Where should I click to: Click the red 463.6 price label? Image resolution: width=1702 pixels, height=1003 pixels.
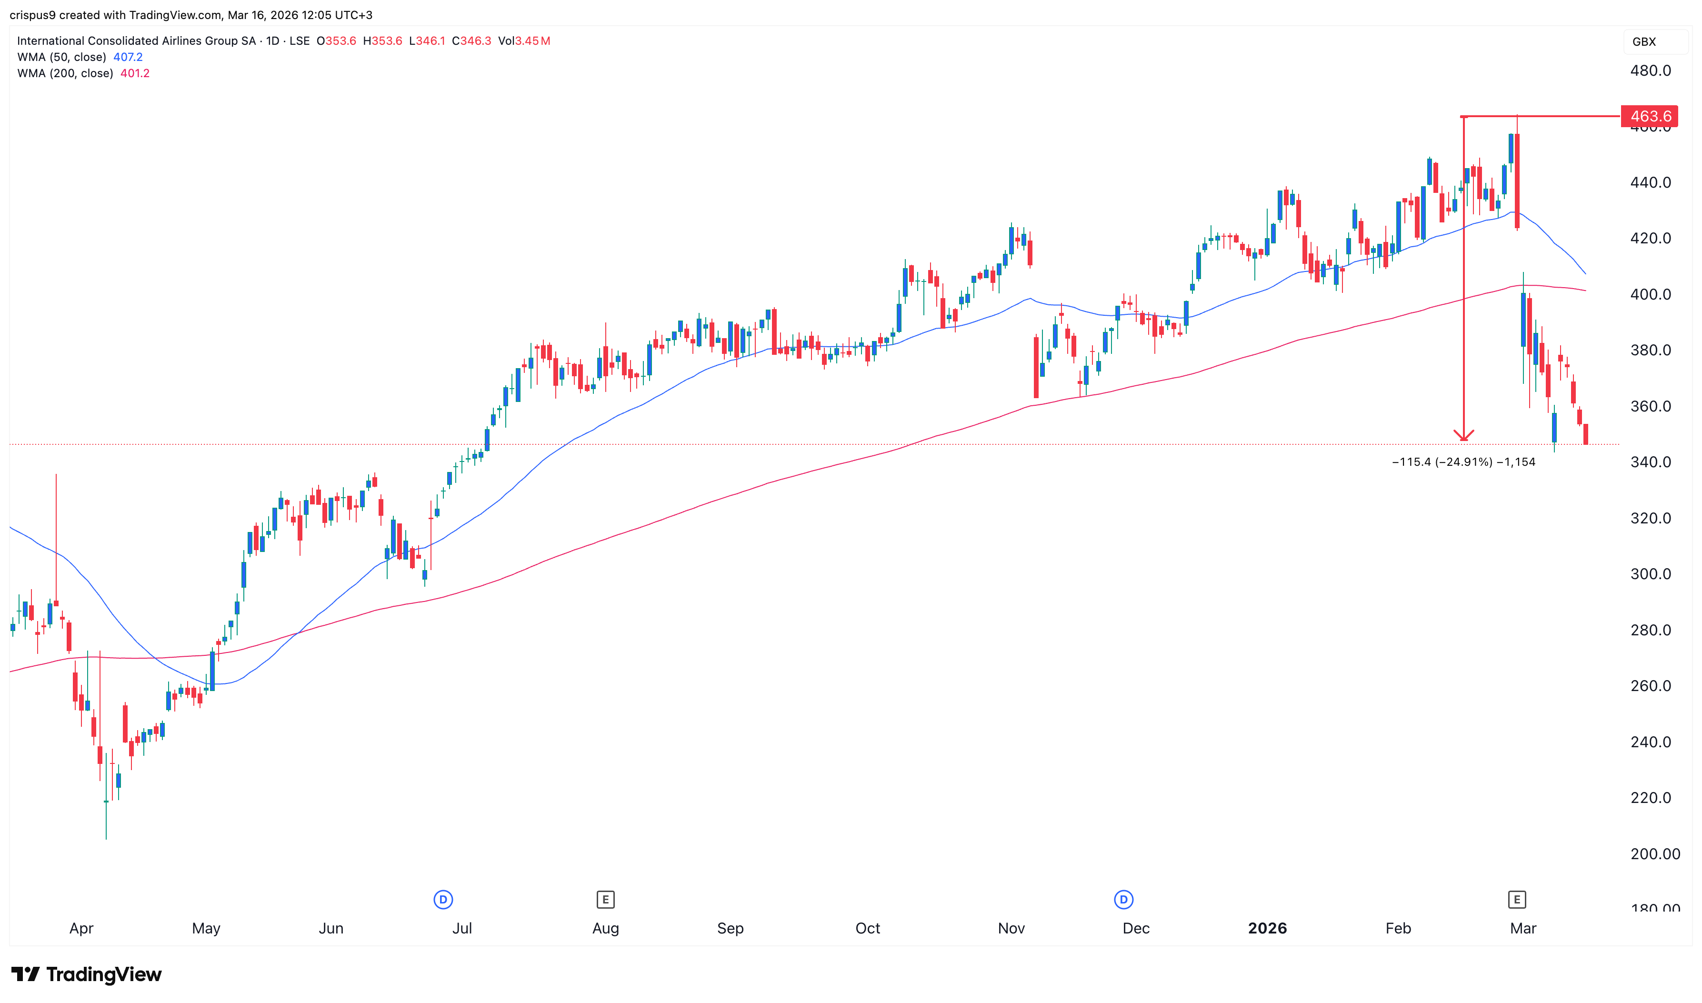[x=1650, y=116]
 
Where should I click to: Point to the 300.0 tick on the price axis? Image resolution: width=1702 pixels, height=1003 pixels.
[x=1650, y=574]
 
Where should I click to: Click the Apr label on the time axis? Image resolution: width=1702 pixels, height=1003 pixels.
[x=81, y=928]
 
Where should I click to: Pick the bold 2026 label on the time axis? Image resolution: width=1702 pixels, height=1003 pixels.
[x=1267, y=928]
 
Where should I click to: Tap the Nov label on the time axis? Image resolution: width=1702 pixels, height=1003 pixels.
[x=1011, y=928]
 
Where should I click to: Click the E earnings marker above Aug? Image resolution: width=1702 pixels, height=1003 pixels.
[x=605, y=900]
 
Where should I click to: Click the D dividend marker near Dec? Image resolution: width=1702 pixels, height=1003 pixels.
[x=1123, y=900]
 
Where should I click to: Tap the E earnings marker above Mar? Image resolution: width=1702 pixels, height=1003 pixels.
[x=1517, y=900]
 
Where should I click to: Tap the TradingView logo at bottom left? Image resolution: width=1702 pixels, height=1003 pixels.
[x=87, y=974]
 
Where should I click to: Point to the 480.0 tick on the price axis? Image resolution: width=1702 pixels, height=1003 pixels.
[x=1650, y=71]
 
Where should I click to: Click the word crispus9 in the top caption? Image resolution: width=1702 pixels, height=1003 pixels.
[x=32, y=15]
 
